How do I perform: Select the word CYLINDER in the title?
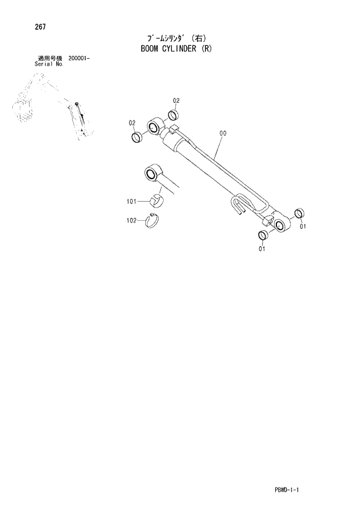tap(183, 49)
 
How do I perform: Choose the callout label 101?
tap(131, 201)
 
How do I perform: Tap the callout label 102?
tap(131, 220)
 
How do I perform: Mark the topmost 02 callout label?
tap(177, 101)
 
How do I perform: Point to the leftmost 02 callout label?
tap(132, 123)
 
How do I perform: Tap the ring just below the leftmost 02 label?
tap(137, 138)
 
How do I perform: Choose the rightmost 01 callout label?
tap(303, 227)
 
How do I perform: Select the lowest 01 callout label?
tap(262, 249)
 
